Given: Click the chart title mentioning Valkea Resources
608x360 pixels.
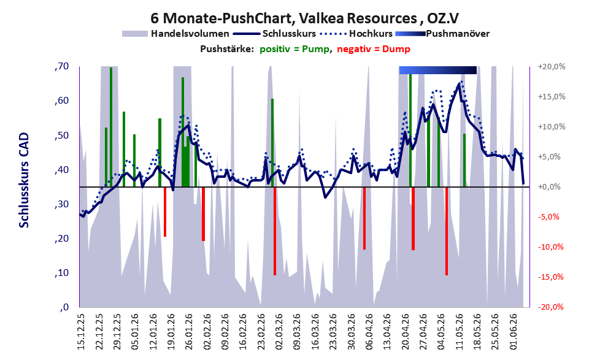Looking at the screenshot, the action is coord(305,18).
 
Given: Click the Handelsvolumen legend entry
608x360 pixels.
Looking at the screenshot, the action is coord(175,34).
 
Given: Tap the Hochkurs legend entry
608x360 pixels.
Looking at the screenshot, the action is coord(356,34).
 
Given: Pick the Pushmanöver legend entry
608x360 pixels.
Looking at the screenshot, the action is coord(442,34).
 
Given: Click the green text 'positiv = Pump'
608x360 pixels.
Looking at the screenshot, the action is coord(294,49).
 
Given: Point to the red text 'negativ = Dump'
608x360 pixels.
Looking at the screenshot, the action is coord(374,49).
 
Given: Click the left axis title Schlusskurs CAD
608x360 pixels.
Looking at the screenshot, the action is coord(24,180).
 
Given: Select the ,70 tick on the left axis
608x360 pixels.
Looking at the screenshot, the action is coord(61,66).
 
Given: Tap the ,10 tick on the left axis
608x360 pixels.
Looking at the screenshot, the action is coord(61,273).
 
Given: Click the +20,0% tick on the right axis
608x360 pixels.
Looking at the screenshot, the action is coord(552,67).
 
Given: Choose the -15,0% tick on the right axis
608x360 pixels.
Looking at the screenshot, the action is coord(550,277).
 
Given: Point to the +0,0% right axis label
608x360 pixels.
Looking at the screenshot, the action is coord(549,187).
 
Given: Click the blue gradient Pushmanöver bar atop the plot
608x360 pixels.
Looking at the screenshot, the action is coord(438,70).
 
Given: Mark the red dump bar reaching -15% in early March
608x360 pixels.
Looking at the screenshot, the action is coord(275,231).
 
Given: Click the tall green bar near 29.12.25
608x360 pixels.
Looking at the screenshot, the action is coord(111,127).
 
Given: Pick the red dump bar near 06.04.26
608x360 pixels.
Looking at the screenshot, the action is coord(364,218).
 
